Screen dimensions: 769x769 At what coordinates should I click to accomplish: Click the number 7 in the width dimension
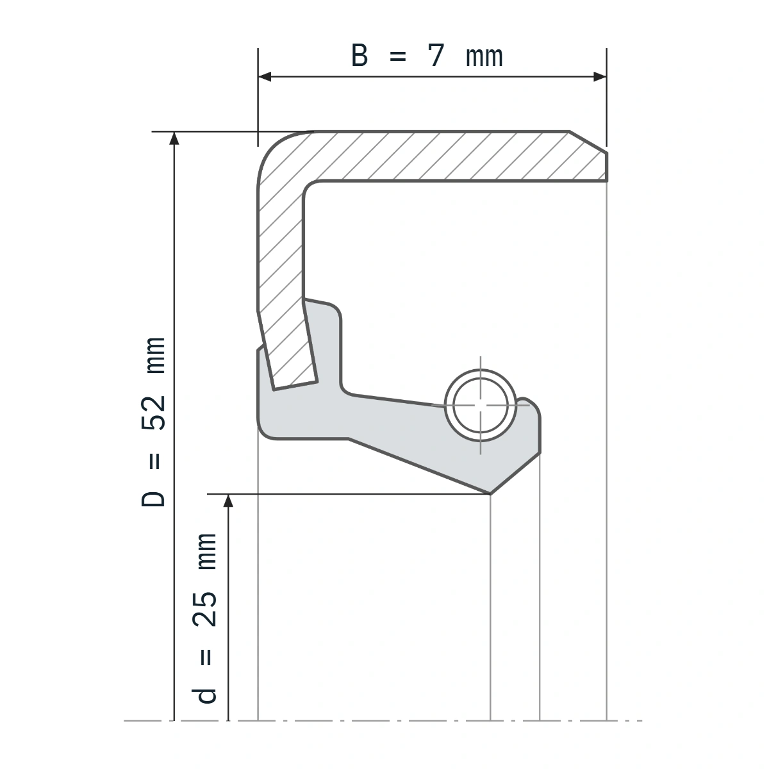[x=436, y=56]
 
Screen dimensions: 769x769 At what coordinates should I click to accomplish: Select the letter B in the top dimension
[x=359, y=56]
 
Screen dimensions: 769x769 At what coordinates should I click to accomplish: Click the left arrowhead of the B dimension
[x=265, y=77]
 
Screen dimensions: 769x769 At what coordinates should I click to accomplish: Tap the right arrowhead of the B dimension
[x=600, y=77]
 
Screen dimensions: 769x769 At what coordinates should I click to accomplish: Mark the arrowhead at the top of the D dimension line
[x=174, y=138]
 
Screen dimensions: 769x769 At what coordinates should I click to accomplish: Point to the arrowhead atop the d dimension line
[x=228, y=501]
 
